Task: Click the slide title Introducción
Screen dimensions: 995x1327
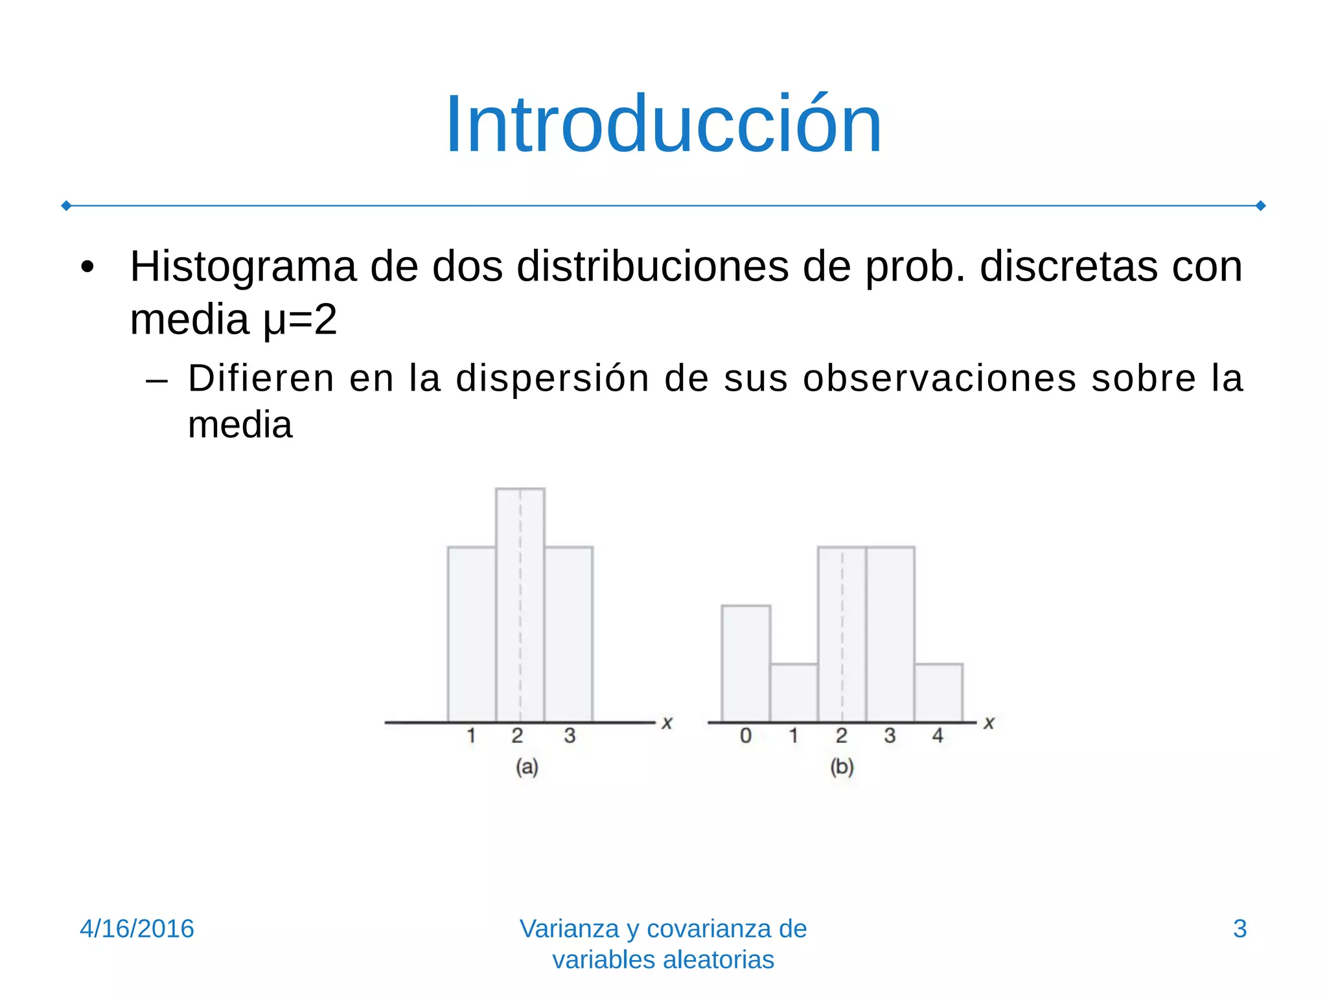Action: click(x=663, y=124)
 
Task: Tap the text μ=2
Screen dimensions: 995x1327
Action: click(x=300, y=319)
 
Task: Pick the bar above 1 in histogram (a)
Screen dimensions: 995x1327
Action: click(x=472, y=635)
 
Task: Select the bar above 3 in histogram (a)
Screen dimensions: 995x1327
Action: click(x=568, y=635)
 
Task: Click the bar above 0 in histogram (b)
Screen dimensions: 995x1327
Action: click(x=746, y=664)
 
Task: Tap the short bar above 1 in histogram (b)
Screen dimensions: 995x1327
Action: click(x=794, y=693)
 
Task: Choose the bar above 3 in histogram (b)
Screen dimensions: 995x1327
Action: click(x=890, y=635)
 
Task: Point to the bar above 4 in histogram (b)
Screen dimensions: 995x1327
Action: click(x=938, y=693)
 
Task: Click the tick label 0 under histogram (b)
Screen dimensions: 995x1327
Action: click(x=746, y=736)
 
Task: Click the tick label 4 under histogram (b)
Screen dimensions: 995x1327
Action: click(x=938, y=736)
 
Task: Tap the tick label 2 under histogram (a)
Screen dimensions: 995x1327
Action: click(x=517, y=736)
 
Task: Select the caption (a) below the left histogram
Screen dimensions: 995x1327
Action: click(x=527, y=767)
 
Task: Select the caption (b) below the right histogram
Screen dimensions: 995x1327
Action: click(x=842, y=767)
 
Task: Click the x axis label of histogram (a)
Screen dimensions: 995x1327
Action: click(x=667, y=723)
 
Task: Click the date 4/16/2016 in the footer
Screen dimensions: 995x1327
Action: click(x=137, y=929)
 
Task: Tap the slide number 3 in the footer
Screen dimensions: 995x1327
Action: click(x=1240, y=929)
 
